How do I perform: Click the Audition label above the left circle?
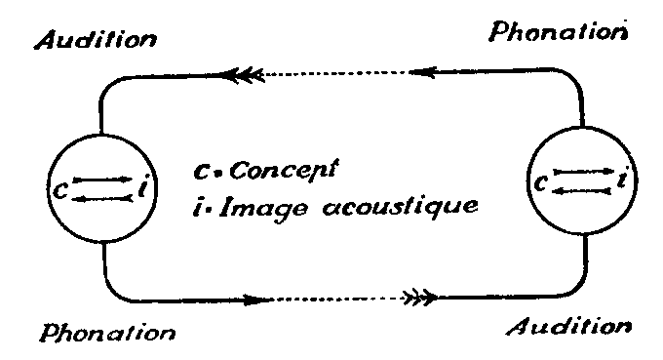tap(96, 40)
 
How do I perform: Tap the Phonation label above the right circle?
tap(558, 32)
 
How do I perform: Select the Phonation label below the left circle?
tap(108, 333)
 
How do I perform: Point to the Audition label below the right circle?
tap(569, 327)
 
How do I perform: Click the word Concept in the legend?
tap(285, 170)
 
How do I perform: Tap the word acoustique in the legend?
tap(400, 206)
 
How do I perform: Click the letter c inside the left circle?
tap(60, 190)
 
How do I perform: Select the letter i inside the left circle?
tap(143, 188)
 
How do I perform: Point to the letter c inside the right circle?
tap(541, 182)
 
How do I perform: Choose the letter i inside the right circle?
tap(622, 179)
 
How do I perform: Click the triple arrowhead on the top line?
tap(243, 75)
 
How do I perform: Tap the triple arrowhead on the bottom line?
tap(420, 298)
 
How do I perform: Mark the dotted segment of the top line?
tap(336, 73)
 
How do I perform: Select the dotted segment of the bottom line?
tap(338, 299)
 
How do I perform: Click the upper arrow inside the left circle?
tap(102, 180)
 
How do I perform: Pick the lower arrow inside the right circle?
tap(582, 191)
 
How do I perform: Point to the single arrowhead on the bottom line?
tap(258, 300)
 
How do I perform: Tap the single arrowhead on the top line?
tap(423, 72)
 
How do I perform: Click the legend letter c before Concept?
tap(201, 172)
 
